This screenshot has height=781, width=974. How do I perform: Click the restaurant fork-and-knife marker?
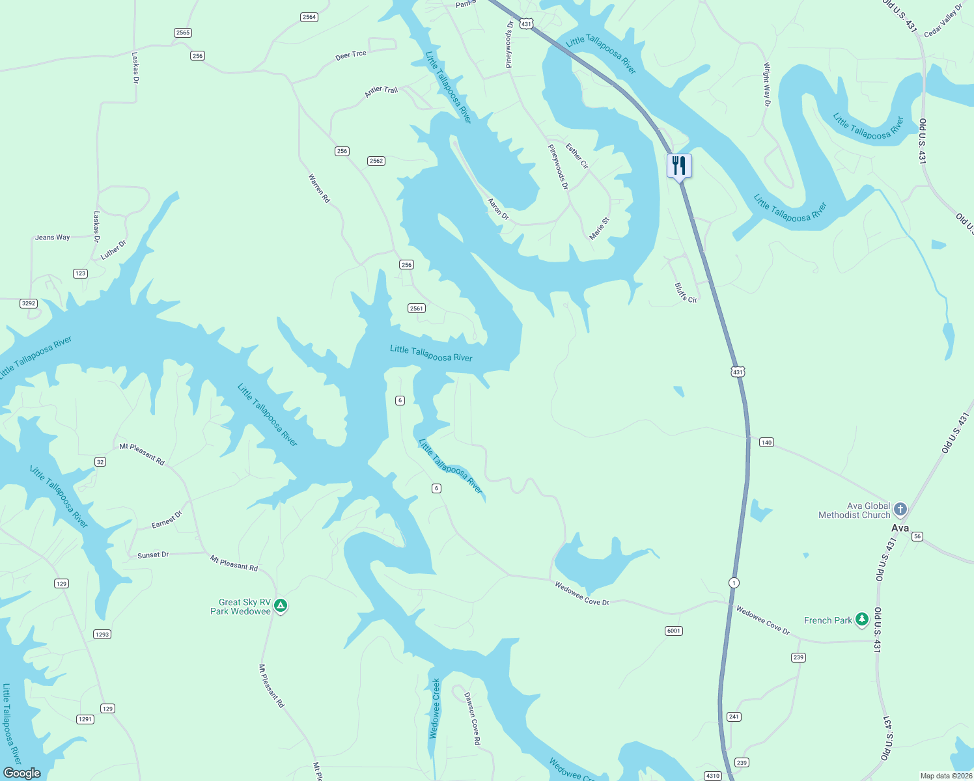click(679, 165)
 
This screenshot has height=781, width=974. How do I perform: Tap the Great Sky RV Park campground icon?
click(281, 606)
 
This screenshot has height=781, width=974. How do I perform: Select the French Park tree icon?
click(862, 619)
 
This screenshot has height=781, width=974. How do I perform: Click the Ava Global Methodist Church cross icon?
click(900, 509)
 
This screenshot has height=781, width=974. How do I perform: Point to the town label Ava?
click(900, 528)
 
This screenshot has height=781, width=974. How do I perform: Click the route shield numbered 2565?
click(183, 33)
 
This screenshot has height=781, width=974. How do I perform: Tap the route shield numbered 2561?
click(417, 308)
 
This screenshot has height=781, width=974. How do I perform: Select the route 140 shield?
click(766, 443)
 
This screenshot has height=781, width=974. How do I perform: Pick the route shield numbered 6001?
click(674, 631)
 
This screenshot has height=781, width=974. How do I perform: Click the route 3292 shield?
click(29, 303)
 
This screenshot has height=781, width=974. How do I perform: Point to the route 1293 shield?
click(102, 635)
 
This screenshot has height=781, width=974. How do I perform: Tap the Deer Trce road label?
click(351, 55)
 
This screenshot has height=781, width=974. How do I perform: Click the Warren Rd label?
click(319, 187)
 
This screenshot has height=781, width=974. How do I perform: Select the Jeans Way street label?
click(53, 238)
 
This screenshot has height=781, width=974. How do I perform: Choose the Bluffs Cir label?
click(686, 292)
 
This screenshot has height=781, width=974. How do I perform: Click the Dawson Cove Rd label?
click(472, 718)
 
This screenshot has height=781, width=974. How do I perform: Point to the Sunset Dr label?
click(153, 555)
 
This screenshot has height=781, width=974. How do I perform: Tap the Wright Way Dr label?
click(767, 85)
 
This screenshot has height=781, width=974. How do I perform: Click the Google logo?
click(22, 773)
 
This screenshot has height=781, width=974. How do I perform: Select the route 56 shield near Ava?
click(917, 536)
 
